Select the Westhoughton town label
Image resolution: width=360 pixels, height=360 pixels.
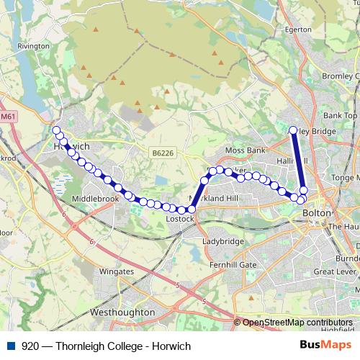coord(122,312)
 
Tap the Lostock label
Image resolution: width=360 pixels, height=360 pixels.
coord(180,218)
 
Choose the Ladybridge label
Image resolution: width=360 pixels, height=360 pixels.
coord(222,242)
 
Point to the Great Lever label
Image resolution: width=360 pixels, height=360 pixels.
coord(334,272)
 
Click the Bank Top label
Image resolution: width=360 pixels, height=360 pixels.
coord(341,115)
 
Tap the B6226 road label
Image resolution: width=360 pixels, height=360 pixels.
coord(163,153)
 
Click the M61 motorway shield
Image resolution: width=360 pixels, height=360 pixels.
coord(8,116)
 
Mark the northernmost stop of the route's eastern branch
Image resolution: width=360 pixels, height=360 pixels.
coord(293,130)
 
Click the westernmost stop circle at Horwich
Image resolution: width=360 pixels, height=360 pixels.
coord(56,130)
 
